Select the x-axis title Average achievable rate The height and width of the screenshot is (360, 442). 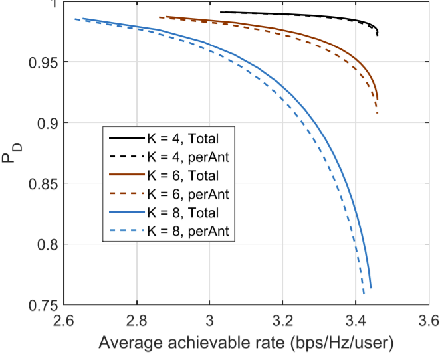point(246,343)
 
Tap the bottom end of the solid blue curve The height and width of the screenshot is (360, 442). point(371,288)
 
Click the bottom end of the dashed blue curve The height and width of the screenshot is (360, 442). point(364,294)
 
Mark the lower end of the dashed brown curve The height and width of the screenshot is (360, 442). point(378,114)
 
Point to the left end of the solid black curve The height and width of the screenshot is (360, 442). point(220,12)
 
